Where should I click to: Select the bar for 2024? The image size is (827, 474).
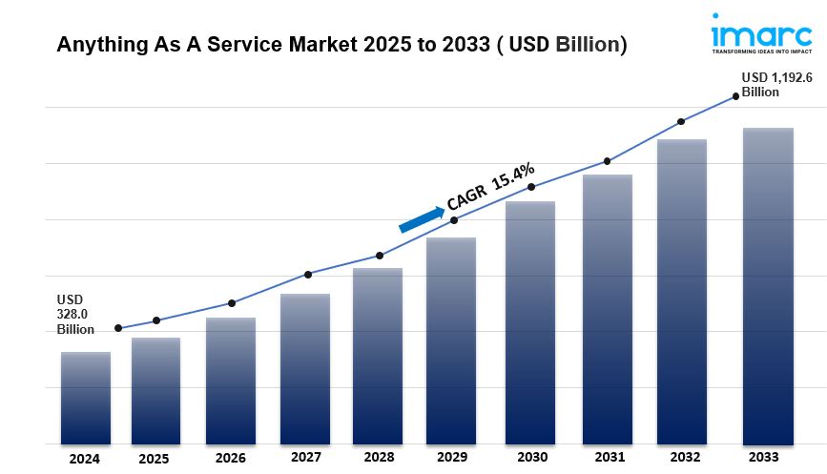(86, 398)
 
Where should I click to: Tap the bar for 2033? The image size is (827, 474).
(769, 286)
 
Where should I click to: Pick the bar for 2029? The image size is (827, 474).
(451, 340)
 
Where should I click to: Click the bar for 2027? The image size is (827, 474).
(305, 368)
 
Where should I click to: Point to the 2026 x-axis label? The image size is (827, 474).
(231, 458)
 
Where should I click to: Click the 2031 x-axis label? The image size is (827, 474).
(609, 458)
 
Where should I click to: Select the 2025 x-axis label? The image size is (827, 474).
(154, 458)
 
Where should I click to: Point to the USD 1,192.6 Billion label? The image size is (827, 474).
(777, 85)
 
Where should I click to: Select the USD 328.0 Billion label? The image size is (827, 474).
(75, 314)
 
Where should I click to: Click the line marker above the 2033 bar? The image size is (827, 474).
(735, 95)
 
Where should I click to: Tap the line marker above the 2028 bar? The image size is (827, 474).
(380, 256)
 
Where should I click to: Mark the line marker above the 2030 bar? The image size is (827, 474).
(531, 187)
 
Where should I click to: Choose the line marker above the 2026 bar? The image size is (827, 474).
(232, 303)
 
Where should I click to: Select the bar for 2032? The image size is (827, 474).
(682, 292)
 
